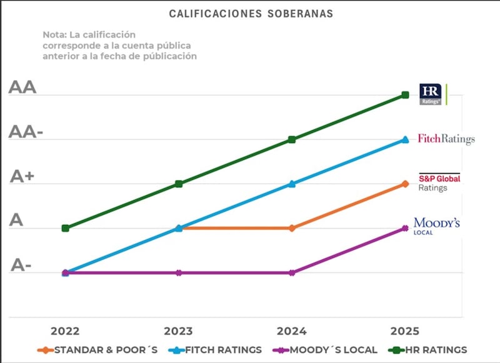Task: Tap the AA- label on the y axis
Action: click(x=26, y=132)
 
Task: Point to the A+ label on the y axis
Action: click(x=22, y=177)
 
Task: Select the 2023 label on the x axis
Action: click(x=179, y=331)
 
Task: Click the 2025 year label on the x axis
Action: click(x=405, y=331)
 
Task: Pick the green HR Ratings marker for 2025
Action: click(x=405, y=95)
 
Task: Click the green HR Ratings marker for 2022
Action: click(x=66, y=228)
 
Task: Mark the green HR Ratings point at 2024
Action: click(x=292, y=139)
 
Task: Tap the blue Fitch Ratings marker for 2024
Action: click(x=292, y=184)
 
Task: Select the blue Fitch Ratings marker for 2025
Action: click(x=405, y=139)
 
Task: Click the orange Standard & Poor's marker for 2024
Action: click(x=292, y=228)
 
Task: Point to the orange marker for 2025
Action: click(x=405, y=184)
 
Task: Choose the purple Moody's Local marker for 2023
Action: click(x=179, y=272)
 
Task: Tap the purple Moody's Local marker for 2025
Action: click(x=405, y=228)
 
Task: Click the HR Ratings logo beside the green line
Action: click(x=431, y=94)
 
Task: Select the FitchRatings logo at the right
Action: click(x=446, y=139)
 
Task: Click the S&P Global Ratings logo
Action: click(x=439, y=182)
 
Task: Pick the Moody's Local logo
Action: click(x=436, y=226)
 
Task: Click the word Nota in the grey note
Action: click(x=54, y=34)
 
